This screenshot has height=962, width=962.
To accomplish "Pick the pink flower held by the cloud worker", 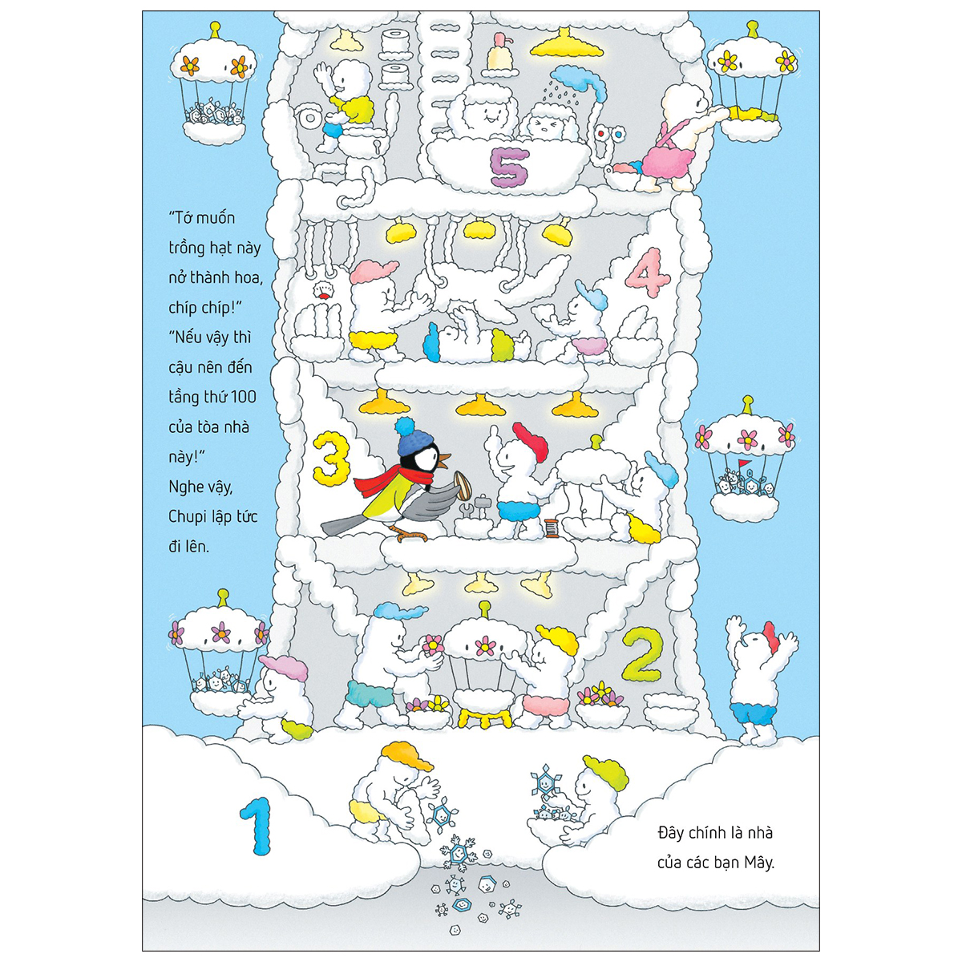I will click(x=433, y=643).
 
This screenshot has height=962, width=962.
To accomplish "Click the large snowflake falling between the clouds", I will click(x=459, y=852).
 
